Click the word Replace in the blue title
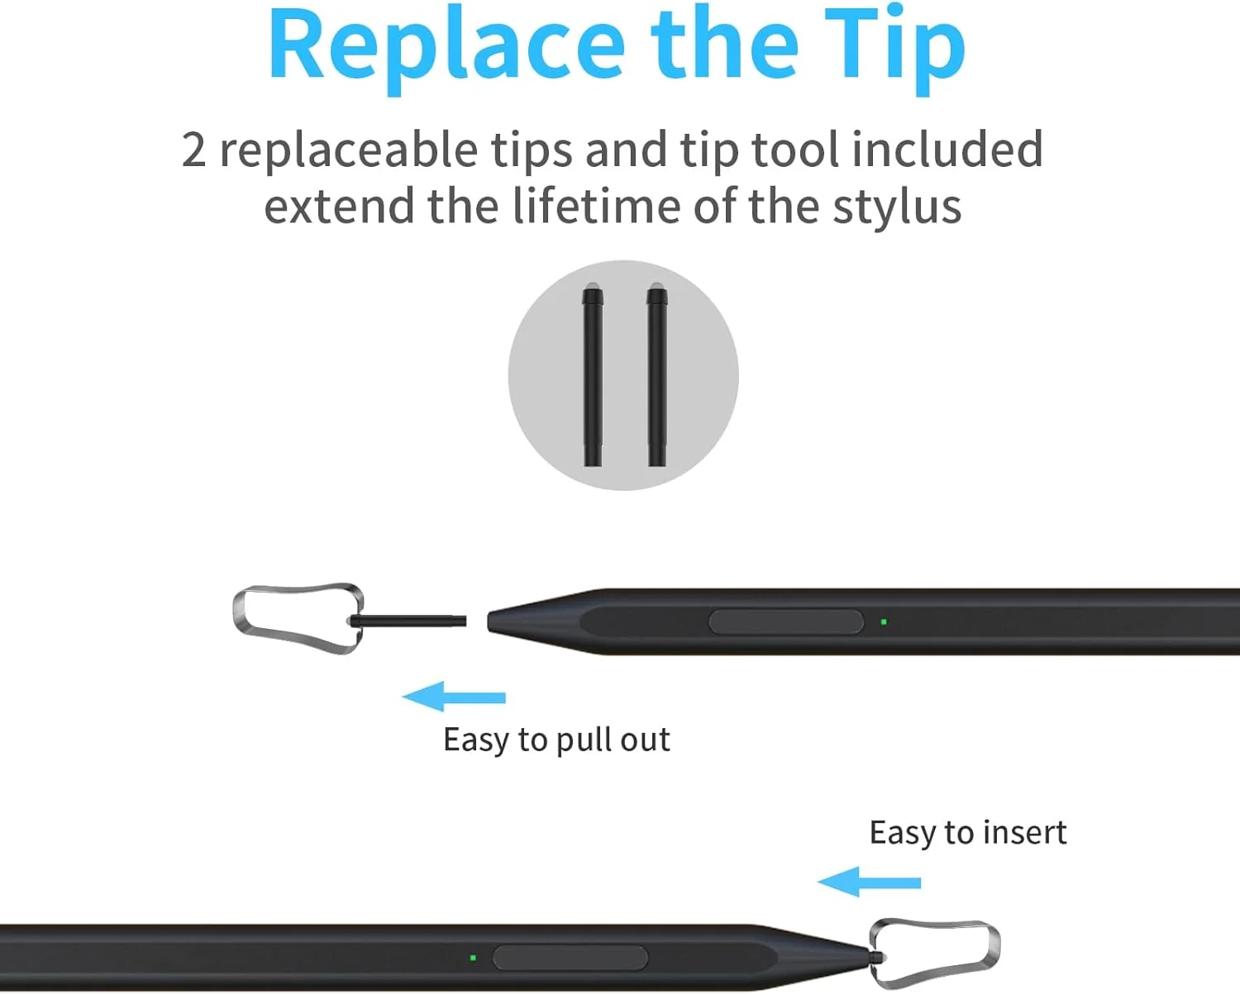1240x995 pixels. coord(447,49)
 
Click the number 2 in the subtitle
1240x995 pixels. coord(193,150)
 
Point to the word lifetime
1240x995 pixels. coord(596,206)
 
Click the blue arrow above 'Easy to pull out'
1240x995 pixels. coord(454,697)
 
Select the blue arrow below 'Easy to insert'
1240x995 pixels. coord(869,882)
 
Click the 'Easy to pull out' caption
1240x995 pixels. coord(556,740)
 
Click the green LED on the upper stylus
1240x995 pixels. coord(884,622)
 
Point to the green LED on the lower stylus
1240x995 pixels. coord(473,958)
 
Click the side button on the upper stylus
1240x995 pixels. coord(786,622)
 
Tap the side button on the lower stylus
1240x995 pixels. coord(570,958)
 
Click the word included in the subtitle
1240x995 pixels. coord(947,150)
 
